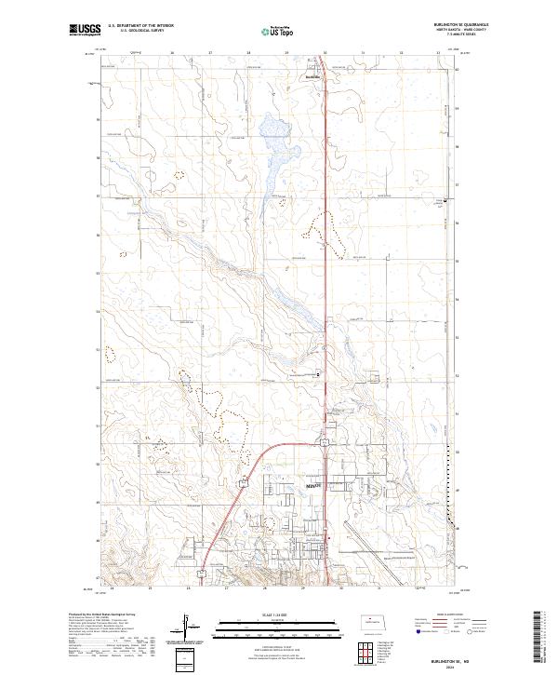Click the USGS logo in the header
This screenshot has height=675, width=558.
pyautogui.click(x=85, y=31)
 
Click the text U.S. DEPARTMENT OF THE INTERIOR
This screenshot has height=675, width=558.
pyautogui.click(x=140, y=26)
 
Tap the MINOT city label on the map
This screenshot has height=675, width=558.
pyautogui.click(x=314, y=486)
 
